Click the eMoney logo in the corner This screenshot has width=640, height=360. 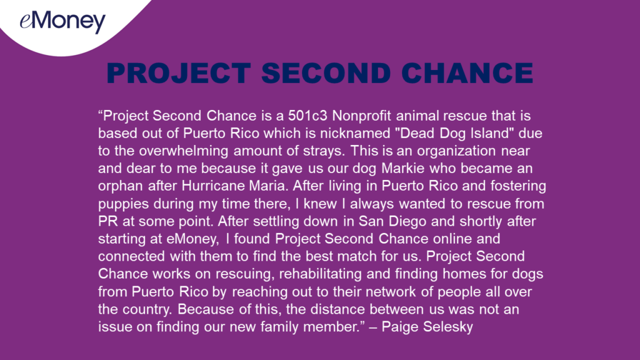(x=63, y=22)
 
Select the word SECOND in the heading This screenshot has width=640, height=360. (x=326, y=74)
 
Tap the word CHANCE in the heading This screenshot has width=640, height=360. (x=467, y=74)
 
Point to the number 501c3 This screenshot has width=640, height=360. (x=307, y=116)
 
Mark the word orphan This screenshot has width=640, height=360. (x=121, y=186)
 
